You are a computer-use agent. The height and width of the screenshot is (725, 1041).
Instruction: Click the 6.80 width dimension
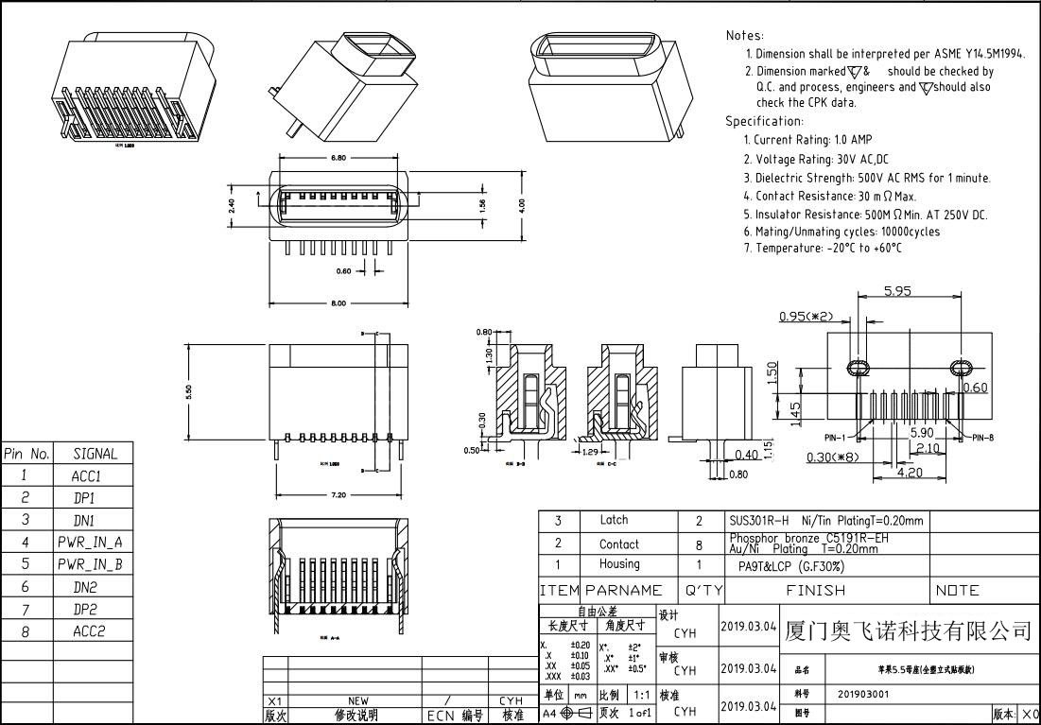tap(338, 158)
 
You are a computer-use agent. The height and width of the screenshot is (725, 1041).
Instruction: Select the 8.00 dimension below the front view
tap(338, 303)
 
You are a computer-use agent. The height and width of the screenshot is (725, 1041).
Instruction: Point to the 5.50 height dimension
tap(189, 390)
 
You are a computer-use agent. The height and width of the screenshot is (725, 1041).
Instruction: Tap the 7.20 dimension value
tap(338, 494)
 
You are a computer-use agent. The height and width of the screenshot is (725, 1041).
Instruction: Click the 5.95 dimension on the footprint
tap(897, 291)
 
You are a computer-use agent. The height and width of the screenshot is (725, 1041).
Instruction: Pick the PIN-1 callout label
tap(836, 437)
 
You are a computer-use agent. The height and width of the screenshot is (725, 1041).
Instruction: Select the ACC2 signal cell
tap(90, 631)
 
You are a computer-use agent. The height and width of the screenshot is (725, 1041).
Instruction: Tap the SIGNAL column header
tap(95, 454)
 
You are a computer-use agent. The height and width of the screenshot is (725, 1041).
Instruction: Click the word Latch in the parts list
tap(614, 520)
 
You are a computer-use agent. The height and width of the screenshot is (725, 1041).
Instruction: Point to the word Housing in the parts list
tap(618, 564)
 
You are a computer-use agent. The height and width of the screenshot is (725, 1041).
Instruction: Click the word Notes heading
tap(745, 35)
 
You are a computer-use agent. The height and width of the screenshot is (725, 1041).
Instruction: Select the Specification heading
tap(764, 121)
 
